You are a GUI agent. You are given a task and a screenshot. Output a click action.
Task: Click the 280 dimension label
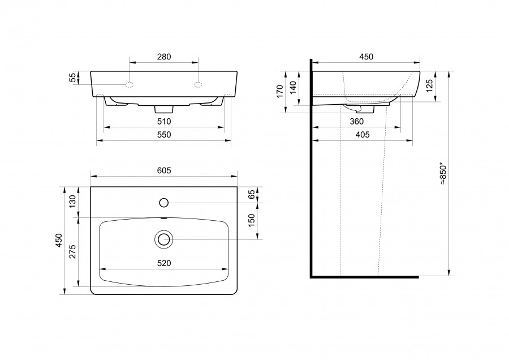tap(164, 57)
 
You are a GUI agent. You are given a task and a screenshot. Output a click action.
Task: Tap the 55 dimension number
tap(73, 78)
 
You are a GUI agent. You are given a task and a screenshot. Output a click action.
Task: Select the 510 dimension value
tap(164, 122)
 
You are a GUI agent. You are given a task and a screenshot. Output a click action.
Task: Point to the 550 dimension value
tap(164, 135)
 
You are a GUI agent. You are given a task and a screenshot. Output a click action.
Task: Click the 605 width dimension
tap(164, 170)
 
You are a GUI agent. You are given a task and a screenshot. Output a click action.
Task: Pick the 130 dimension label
tap(72, 202)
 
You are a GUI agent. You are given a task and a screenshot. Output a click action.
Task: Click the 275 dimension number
tap(72, 251)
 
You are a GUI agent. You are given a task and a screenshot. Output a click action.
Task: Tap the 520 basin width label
tap(164, 263)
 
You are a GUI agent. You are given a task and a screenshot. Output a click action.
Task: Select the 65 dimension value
tap(252, 195)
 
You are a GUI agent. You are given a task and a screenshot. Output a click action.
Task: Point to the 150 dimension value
tap(252, 221)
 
